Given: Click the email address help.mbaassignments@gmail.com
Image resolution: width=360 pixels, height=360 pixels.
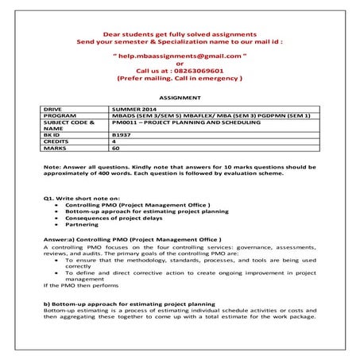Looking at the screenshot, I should point(179,58).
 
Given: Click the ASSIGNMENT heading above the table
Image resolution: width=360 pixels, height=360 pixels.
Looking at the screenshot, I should point(180,95).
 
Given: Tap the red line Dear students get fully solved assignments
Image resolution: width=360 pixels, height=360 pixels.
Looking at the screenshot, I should point(179,34).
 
